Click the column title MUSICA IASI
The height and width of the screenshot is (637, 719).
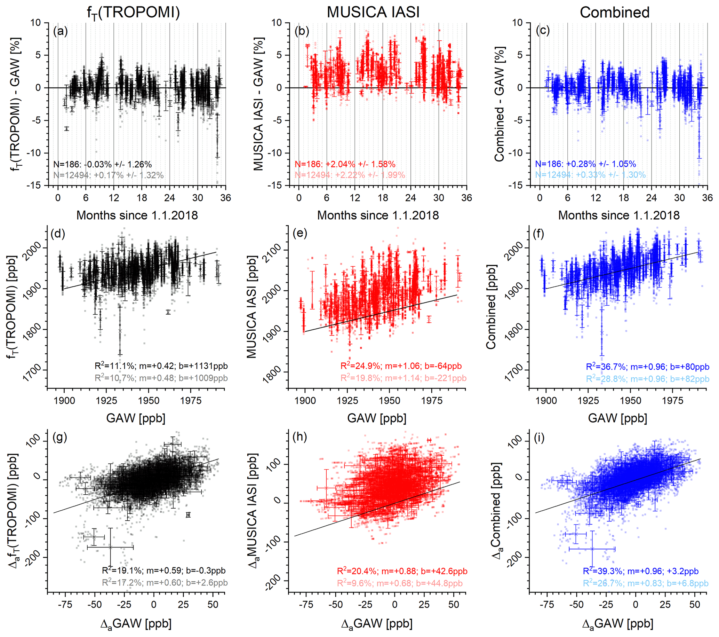pyautogui.click(x=373, y=12)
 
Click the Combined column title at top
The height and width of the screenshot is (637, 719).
pyautogui.click(x=614, y=12)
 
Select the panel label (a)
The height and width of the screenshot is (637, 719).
pyautogui.click(x=60, y=31)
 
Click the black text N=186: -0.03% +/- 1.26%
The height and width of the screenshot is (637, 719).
pyautogui.click(x=102, y=164)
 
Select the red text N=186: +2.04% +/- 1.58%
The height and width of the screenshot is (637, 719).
pyautogui.click(x=345, y=164)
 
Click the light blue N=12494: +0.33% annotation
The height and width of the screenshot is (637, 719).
pyautogui.click(x=590, y=174)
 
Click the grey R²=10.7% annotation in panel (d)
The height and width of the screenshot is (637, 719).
pyautogui.click(x=161, y=378)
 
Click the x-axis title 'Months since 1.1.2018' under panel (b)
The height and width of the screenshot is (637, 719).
pyautogui.click(x=378, y=215)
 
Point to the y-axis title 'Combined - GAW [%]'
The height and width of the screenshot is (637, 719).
pyautogui.click(x=499, y=104)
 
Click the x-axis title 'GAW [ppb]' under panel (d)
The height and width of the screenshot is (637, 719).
pyautogui.click(x=136, y=418)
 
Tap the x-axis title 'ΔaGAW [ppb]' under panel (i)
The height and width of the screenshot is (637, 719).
pyautogui.click(x=618, y=624)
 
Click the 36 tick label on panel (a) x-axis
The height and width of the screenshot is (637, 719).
pyautogui.click(x=225, y=198)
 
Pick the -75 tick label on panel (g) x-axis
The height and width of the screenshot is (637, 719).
pyautogui.click(x=64, y=605)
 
